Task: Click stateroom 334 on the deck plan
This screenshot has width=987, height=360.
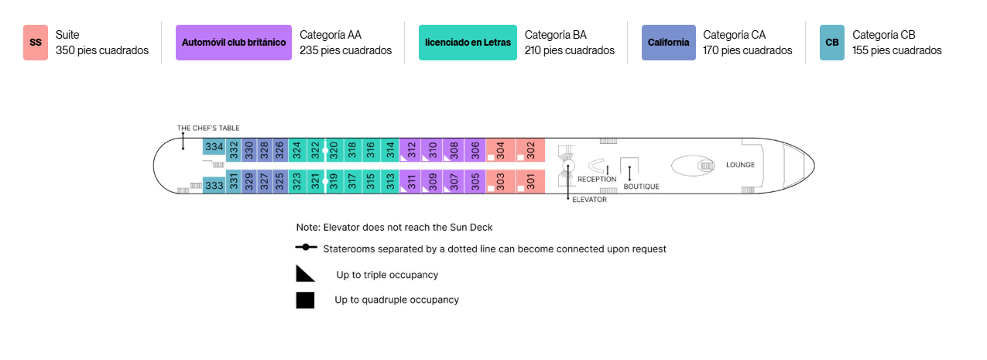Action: [x=214, y=146]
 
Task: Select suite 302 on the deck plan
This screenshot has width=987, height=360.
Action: [x=530, y=150]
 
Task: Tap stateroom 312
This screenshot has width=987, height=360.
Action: [x=410, y=150]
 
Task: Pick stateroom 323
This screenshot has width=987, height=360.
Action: [x=297, y=181]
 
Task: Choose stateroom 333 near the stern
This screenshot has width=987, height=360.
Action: [x=214, y=185]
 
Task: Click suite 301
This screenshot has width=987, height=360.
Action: [x=530, y=181]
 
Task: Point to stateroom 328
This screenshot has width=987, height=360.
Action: [x=265, y=150]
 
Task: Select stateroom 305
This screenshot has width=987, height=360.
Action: [x=475, y=181]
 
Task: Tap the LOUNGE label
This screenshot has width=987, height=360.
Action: [x=740, y=165]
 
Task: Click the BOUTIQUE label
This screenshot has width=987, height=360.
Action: [x=641, y=187]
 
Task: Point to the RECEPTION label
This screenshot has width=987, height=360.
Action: [x=597, y=180]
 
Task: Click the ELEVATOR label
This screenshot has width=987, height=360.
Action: [x=589, y=200]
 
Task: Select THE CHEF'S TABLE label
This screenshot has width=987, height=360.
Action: [x=208, y=129]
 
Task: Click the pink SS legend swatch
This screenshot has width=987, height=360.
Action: [x=36, y=43]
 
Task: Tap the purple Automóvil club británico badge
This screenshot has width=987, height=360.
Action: [x=234, y=43]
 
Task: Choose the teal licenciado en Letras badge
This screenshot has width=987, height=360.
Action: [x=468, y=43]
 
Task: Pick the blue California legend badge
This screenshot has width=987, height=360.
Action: [x=668, y=43]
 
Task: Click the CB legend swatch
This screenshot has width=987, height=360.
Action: [x=832, y=43]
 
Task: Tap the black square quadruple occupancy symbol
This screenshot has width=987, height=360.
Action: [x=305, y=300]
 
